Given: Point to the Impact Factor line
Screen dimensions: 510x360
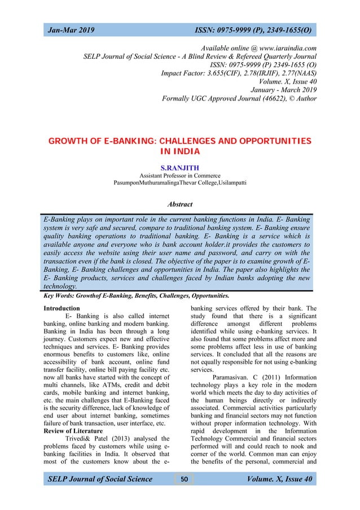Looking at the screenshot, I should click(x=239, y=73).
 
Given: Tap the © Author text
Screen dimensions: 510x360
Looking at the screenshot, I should click(x=301, y=99).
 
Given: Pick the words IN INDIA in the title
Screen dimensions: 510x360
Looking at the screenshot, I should click(x=180, y=151).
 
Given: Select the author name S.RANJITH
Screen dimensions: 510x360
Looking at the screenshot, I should click(x=180, y=168).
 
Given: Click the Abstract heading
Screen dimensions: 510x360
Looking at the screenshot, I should click(x=179, y=204).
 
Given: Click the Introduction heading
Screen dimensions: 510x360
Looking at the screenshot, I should click(x=62, y=308).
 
